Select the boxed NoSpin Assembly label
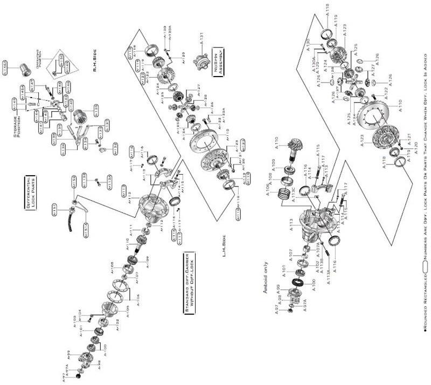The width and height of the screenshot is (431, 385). [218, 61]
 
